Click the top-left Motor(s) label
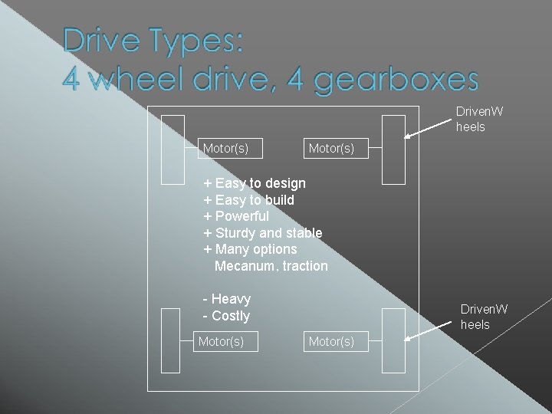(225, 148)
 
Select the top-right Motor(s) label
(331, 148)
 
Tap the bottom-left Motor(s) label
(221, 341)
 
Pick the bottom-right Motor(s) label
(331, 341)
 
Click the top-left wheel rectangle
(173, 149)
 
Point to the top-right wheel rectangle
(393, 149)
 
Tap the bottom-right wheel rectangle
(393, 339)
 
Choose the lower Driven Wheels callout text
(483, 317)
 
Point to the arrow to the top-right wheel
(429, 126)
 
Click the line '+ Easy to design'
(255, 183)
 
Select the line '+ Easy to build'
(249, 200)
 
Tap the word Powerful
(242, 216)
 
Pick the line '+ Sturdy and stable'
(263, 233)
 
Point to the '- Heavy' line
(227, 299)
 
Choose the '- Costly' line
(227, 316)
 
